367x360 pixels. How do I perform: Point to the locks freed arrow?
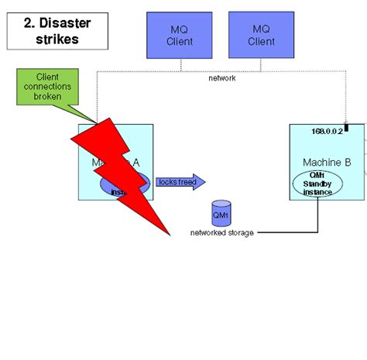(x=180, y=182)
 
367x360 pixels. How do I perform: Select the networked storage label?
(x=221, y=232)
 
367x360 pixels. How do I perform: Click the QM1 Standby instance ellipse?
(x=317, y=184)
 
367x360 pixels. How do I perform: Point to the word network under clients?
(x=222, y=78)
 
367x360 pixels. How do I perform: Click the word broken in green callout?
(x=53, y=97)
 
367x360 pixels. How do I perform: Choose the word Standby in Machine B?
(x=317, y=183)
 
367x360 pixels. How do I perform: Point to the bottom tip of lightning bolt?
(x=168, y=231)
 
